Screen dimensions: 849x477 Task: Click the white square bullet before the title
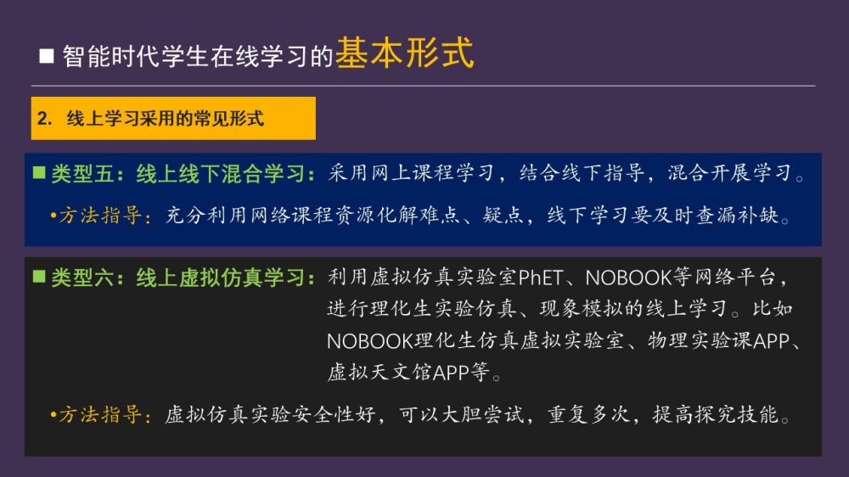coord(47,56)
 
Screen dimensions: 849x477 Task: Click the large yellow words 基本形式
coord(404,53)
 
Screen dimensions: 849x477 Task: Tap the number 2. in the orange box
coord(44,118)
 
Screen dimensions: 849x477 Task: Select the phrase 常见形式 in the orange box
coord(228,118)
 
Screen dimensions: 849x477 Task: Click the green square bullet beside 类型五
coord(39,172)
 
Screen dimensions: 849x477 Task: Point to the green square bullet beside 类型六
coord(39,276)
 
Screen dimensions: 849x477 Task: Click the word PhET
coord(540,278)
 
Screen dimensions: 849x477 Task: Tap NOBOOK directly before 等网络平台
coord(628,278)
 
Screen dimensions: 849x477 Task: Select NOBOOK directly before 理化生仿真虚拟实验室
coord(370,341)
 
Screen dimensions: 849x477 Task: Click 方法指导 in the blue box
coord(101,216)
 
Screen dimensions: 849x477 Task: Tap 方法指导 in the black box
coord(101,415)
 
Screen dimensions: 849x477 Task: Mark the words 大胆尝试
coord(483,415)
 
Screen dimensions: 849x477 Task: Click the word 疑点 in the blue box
coord(503,216)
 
